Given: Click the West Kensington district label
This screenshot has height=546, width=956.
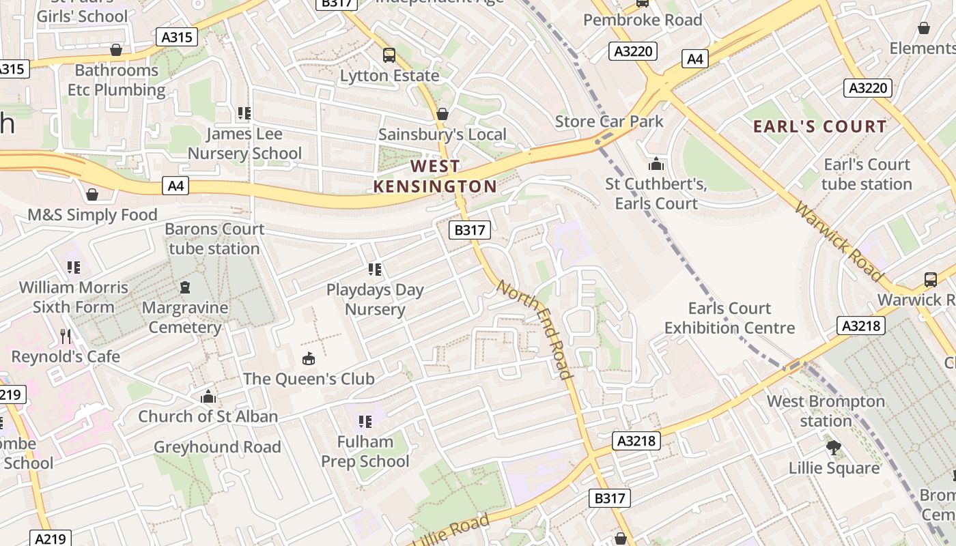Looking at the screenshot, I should click(x=435, y=176).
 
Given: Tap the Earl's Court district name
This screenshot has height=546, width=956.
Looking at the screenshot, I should click(x=819, y=126).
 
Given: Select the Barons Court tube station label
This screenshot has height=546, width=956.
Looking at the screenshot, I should click(x=214, y=239).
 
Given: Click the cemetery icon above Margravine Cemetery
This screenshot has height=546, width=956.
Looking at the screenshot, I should click(x=184, y=287).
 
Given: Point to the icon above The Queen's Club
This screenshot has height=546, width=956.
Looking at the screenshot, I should click(x=309, y=358).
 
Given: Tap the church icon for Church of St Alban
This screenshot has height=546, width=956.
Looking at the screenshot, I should click(x=208, y=397).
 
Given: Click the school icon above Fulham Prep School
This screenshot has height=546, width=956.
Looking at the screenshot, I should click(x=365, y=422).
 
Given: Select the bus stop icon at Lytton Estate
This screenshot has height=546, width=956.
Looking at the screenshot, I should click(x=389, y=55).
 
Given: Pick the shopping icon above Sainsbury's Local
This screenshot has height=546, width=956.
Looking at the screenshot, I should click(x=442, y=114).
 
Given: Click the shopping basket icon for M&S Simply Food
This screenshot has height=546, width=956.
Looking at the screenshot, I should click(x=92, y=195).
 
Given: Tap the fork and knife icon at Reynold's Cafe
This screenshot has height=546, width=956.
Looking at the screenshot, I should click(x=66, y=336).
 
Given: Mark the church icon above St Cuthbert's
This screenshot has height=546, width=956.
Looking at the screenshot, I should click(x=656, y=164).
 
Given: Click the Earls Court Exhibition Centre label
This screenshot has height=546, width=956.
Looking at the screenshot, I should click(x=729, y=318).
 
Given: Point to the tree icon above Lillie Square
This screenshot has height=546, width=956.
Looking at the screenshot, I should click(x=833, y=448).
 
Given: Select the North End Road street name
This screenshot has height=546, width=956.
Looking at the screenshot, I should click(x=535, y=329).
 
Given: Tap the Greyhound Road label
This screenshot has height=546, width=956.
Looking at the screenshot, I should click(x=217, y=447).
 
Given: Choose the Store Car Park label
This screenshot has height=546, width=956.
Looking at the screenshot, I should click(x=609, y=121).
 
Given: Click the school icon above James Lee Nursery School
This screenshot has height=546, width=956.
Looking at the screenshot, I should click(x=244, y=113).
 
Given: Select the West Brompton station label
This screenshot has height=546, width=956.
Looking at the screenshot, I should click(x=826, y=411).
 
